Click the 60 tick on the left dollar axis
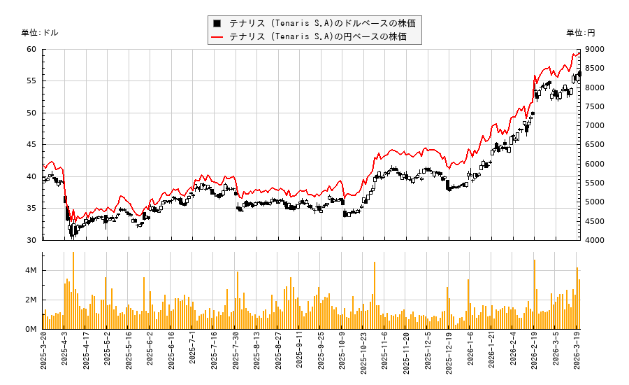pyautogui.click(x=31, y=49)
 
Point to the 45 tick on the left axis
pyautogui.click(x=31, y=145)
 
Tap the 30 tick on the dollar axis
pyautogui.click(x=31, y=240)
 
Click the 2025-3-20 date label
pyautogui.click(x=43, y=353)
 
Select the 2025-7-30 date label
pyautogui.click(x=236, y=353)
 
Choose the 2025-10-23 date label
pyautogui.click(x=364, y=353)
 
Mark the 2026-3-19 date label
pyautogui.click(x=577, y=353)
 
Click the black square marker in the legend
pyautogui.click(x=218, y=22)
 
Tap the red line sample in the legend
pyautogui.click(x=218, y=36)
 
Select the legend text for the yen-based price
pyautogui.click(x=317, y=36)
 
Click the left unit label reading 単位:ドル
pyautogui.click(x=40, y=32)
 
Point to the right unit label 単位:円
pyautogui.click(x=581, y=32)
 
